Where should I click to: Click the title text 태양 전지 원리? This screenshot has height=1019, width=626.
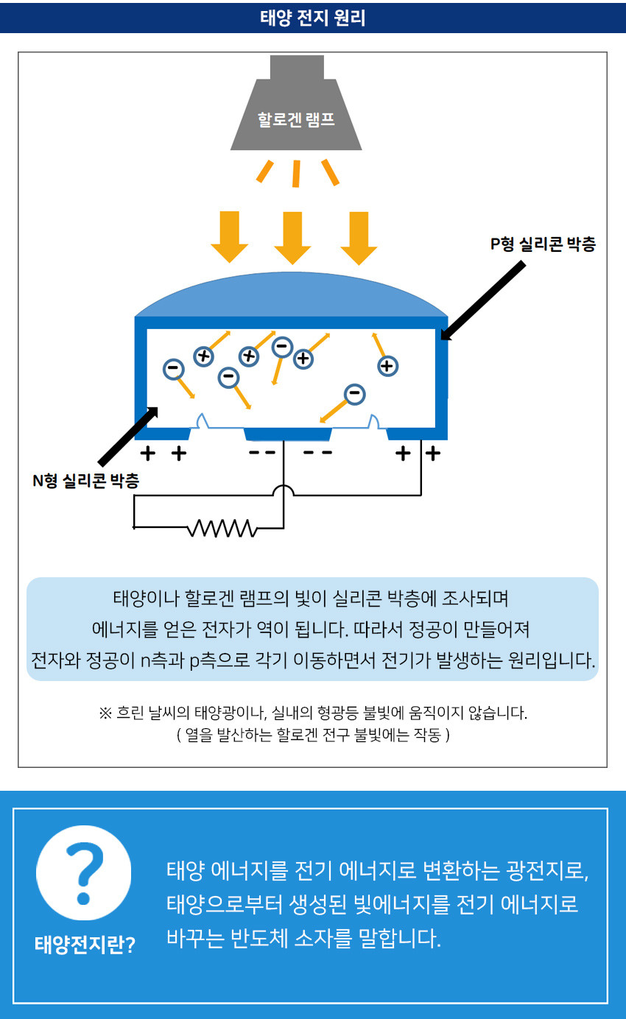[312, 16]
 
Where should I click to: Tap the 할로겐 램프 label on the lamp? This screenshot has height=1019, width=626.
[296, 119]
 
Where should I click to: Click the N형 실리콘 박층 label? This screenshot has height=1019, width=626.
[86, 482]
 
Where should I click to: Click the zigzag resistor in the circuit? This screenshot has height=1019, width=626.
[222, 528]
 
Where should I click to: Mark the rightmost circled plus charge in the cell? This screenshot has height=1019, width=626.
[387, 365]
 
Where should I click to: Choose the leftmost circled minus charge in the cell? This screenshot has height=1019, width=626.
[174, 368]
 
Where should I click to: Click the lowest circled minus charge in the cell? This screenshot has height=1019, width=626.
[355, 394]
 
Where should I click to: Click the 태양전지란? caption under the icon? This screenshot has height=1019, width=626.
[85, 945]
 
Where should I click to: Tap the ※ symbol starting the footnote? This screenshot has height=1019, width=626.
[105, 713]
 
